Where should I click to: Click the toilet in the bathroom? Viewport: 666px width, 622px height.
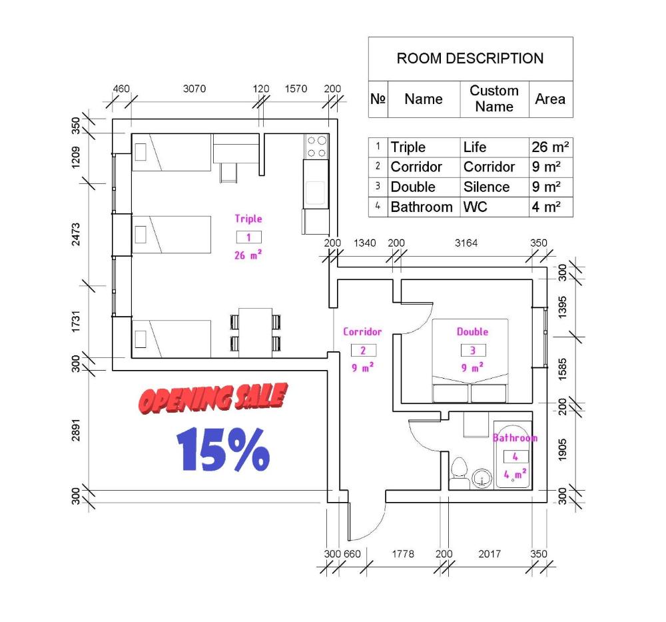tap(459, 473)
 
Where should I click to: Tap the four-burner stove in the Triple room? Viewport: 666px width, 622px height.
tap(316, 147)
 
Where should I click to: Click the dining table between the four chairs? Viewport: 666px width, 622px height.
tap(255, 333)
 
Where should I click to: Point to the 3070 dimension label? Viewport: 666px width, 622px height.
tap(194, 89)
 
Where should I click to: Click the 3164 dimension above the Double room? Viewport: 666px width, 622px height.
tap(466, 243)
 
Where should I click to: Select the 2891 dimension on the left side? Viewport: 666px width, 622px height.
tap(76, 430)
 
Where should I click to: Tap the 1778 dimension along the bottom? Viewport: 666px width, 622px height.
tap(403, 554)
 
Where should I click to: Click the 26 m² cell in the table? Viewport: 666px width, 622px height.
tap(551, 147)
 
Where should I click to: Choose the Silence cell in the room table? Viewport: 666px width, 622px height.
tap(486, 187)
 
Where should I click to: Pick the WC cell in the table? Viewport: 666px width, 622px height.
tap(476, 207)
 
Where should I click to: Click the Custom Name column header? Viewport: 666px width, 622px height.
tap(494, 99)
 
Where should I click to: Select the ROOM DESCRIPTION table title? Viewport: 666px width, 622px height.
tap(470, 58)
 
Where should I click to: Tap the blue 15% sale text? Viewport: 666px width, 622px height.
tap(223, 449)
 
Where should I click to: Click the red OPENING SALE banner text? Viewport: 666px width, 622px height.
tap(213, 399)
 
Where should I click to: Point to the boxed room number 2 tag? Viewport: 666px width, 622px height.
tap(363, 350)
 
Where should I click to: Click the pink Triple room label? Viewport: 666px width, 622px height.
tap(248, 219)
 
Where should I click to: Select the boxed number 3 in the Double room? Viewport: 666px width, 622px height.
tap(473, 350)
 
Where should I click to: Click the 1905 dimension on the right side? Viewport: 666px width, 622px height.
tap(562, 450)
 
